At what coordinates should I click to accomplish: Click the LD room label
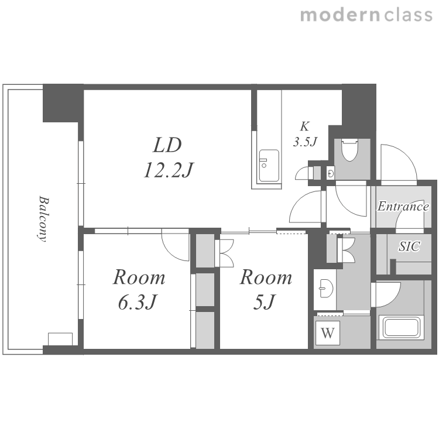[x=167, y=145]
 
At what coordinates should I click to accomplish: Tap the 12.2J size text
[x=168, y=170]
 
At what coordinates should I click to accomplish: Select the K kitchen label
[x=304, y=126]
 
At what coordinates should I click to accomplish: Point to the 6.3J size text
[x=136, y=303]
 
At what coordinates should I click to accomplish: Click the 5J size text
[x=265, y=303]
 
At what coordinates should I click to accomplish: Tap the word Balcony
[x=43, y=219]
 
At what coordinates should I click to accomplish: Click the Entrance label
[x=403, y=207]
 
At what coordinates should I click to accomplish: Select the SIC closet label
[x=409, y=246]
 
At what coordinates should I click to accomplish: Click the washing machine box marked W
[x=328, y=333]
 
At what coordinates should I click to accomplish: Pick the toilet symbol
[x=349, y=150]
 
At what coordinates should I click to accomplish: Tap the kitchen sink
[x=269, y=166]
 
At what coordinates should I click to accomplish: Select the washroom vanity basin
[x=325, y=289]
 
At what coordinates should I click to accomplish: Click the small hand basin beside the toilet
[x=331, y=174]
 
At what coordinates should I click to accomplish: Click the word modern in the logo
[x=340, y=15]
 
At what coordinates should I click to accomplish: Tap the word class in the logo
[x=408, y=15]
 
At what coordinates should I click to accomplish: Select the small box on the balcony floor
[x=60, y=339]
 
